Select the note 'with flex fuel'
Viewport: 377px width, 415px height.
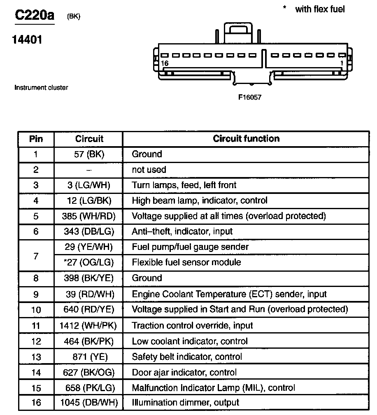pos(319,9)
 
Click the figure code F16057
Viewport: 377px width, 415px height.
pos(250,98)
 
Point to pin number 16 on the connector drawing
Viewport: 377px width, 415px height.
pos(165,63)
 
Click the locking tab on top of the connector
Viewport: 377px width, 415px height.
pos(238,32)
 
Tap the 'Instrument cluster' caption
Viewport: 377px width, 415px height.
pos(41,87)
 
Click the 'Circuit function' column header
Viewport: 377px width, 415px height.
pos(246,139)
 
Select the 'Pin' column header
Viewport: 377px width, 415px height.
pos(36,139)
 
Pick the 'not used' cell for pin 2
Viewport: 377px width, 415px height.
pos(149,170)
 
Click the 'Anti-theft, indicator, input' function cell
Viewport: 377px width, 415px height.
pos(182,231)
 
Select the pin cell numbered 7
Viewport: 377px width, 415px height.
pos(36,255)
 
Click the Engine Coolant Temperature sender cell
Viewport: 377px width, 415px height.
pos(229,294)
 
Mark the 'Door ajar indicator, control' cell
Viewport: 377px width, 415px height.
pos(184,372)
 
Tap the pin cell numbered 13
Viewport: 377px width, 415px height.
pos(36,357)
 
